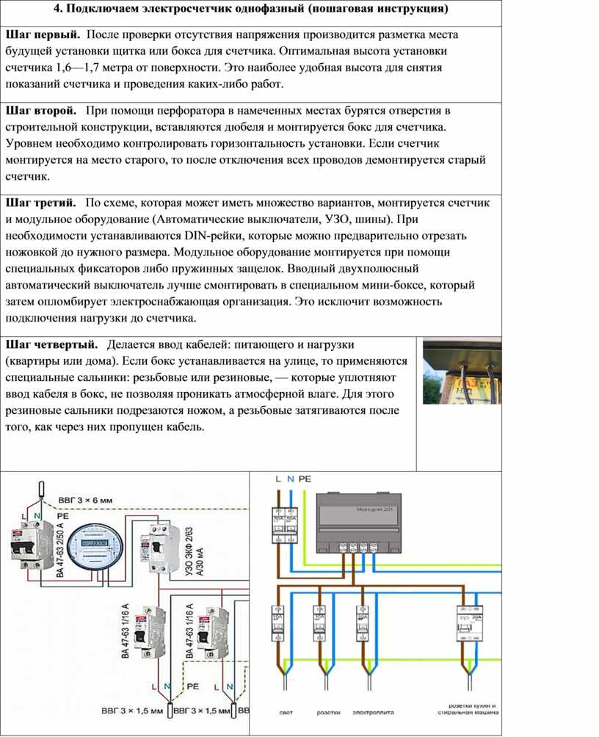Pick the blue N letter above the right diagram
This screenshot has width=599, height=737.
(291, 479)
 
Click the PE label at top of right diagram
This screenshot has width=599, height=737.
(305, 479)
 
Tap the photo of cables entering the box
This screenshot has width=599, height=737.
(462, 371)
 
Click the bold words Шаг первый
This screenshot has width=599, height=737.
(43, 35)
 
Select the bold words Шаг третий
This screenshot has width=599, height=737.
(41, 202)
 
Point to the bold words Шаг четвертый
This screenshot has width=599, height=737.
(51, 344)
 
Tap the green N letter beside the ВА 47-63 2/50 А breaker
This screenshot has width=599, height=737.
(37, 517)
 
